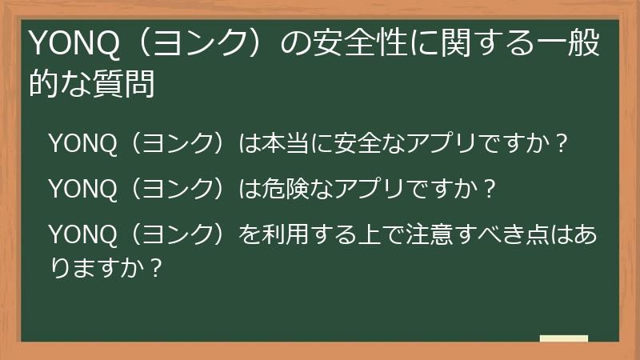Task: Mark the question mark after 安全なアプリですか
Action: [562, 144]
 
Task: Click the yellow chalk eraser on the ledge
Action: [563, 339]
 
